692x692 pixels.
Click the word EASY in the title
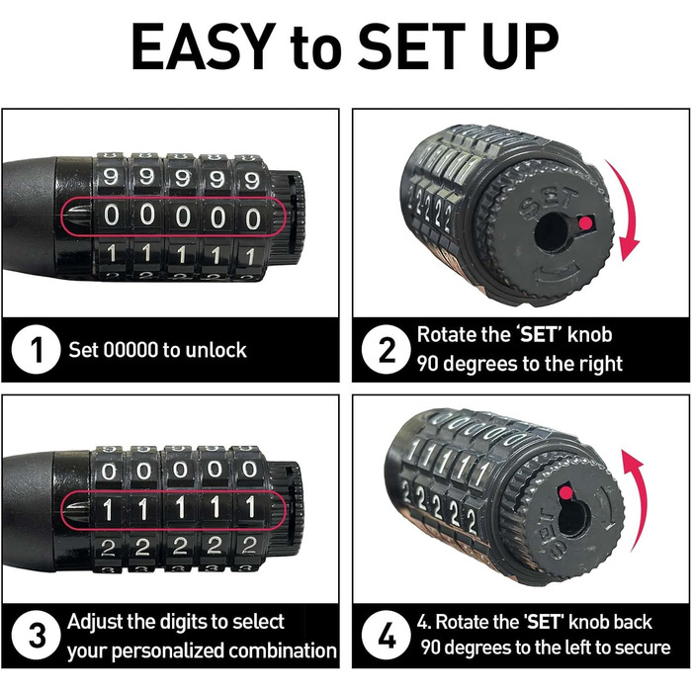coord(201,46)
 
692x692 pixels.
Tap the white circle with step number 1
coord(37,350)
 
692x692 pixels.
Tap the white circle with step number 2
coord(387,350)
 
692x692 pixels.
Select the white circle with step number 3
coord(37,636)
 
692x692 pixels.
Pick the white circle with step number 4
coord(387,636)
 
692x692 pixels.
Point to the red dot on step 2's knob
coord(585,223)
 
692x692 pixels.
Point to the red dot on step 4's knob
coord(566,492)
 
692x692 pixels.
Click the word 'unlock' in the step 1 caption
coord(216,350)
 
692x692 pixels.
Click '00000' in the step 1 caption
coord(130,350)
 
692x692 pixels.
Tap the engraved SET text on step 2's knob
coord(548,203)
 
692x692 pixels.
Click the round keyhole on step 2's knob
coord(552,233)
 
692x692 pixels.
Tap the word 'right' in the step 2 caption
coord(600,364)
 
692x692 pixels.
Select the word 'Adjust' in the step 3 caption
coord(95,622)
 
